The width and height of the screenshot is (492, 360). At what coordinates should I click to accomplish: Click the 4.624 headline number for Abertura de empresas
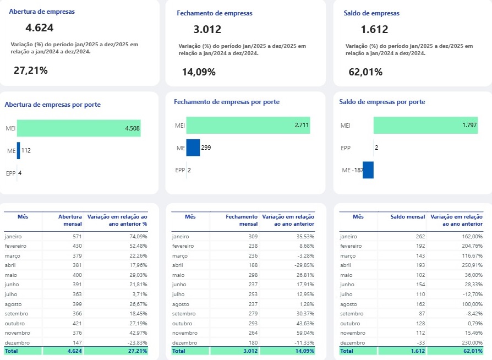[x=40, y=28]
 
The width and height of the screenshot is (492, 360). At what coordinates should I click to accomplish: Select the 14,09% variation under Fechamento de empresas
[x=199, y=72]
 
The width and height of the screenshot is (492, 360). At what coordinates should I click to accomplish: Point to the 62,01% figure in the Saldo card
[x=365, y=72]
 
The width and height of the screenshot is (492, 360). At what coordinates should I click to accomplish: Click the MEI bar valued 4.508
[x=79, y=128]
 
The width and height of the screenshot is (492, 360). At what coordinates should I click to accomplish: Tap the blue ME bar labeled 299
[x=193, y=148]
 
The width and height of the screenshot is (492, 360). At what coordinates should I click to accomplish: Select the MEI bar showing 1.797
[x=425, y=126]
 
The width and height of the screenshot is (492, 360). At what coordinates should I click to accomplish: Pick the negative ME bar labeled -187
[x=368, y=170]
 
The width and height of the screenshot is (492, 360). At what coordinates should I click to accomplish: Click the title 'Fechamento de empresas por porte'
[x=227, y=102]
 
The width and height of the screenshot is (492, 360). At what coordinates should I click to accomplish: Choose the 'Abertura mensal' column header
[x=70, y=220]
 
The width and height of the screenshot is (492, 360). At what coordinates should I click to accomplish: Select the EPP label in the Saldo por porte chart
[x=346, y=148]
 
